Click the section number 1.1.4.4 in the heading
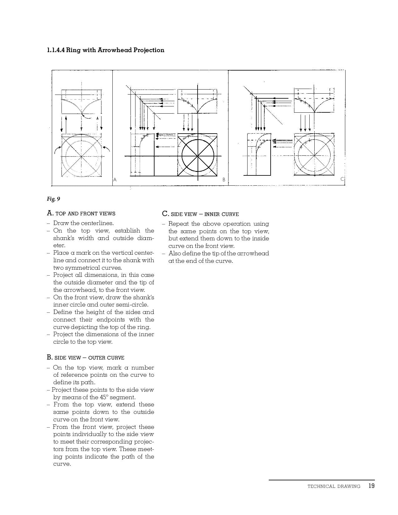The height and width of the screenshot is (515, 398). [x=56, y=50]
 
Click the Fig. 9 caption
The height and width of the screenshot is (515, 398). [x=53, y=199]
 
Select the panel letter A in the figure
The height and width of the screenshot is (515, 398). [x=115, y=180]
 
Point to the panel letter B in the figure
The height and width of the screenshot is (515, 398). [x=224, y=180]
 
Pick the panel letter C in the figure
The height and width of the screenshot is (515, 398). [x=342, y=179]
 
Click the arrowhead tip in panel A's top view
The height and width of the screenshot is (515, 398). [x=81, y=114]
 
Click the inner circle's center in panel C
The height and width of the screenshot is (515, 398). [x=314, y=155]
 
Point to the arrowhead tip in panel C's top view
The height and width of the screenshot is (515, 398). [x=314, y=112]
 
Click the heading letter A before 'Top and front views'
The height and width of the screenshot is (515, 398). [x=49, y=213]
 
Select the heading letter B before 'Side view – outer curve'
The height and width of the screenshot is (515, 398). [x=49, y=357]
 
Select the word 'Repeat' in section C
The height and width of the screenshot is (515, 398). [x=178, y=224]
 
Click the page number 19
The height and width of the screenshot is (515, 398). [x=371, y=486]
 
